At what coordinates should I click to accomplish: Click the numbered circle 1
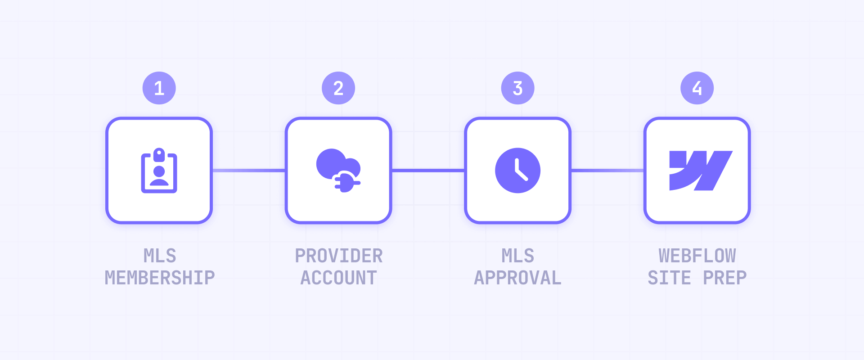159,88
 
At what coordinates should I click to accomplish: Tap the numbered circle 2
338,88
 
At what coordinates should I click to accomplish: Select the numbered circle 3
517,88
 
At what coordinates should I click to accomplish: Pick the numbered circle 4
697,88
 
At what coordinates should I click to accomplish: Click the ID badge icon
159,171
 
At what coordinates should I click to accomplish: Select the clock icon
517,171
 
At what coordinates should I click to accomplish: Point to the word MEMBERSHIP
160,278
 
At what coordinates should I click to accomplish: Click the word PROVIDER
339,256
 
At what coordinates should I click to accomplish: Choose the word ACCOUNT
339,278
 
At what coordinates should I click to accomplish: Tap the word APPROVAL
518,278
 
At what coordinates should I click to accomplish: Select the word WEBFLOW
697,256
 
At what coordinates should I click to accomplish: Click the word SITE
669,278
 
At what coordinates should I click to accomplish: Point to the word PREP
725,278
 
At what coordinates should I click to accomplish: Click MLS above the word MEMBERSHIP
160,256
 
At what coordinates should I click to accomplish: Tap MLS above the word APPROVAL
518,256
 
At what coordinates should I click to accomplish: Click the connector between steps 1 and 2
248,171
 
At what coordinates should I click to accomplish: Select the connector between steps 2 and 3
428,171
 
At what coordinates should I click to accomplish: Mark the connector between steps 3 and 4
607,171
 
